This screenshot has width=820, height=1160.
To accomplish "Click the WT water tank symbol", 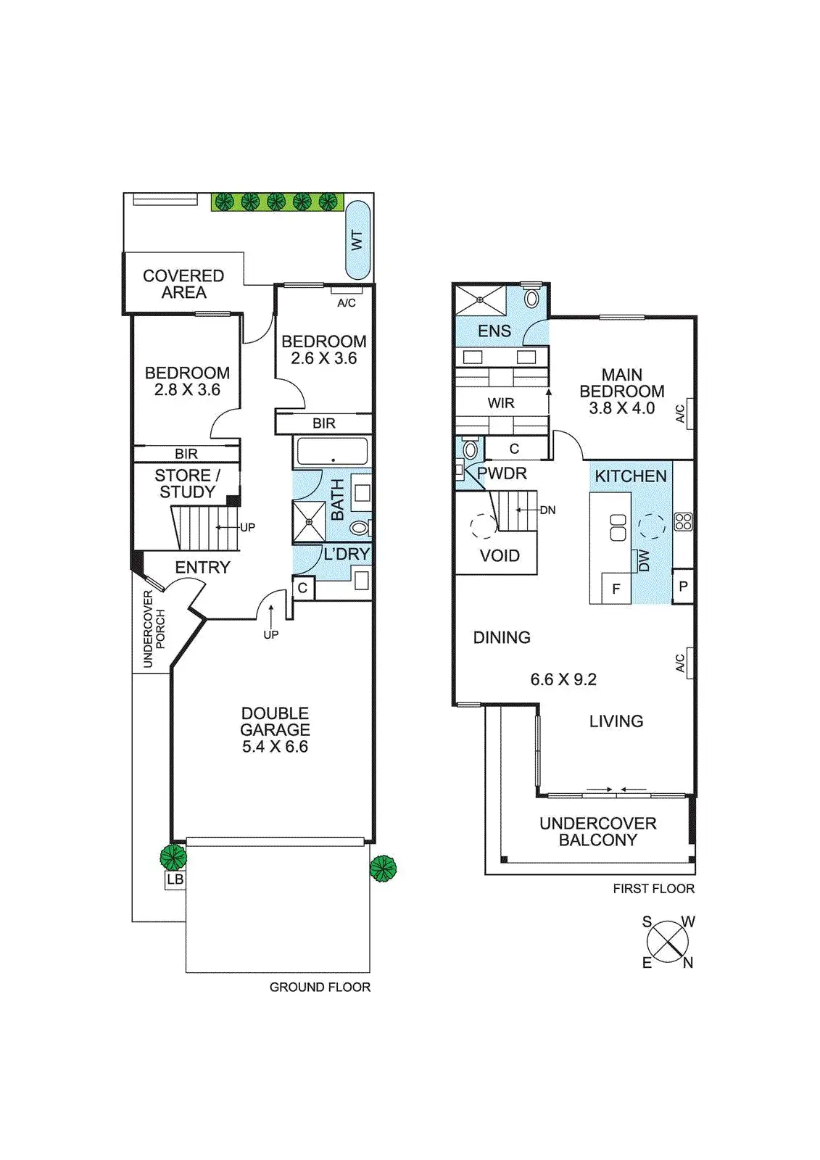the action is [357, 240].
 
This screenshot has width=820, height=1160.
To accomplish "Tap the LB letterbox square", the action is [175, 879].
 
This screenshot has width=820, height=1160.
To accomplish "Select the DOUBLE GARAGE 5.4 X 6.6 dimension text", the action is [275, 746].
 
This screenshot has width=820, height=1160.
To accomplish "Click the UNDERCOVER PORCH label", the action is [154, 629].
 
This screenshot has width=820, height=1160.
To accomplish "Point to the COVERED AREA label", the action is [183, 283].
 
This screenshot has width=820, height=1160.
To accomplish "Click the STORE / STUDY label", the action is [187, 484].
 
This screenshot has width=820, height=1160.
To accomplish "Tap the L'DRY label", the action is [347, 554].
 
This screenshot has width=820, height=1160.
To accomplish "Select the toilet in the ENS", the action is [531, 298].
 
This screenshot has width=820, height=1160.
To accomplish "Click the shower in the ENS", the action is [480, 300].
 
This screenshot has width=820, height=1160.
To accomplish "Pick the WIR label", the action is [501, 403].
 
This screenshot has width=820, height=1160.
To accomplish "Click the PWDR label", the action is [502, 473].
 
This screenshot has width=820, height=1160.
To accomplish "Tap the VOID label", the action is [500, 555].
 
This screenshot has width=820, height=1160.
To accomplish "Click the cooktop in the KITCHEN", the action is [683, 521].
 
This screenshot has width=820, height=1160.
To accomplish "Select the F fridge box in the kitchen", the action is [616, 589].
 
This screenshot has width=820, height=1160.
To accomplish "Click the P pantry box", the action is [683, 587].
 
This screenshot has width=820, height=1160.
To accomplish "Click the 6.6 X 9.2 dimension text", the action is [563, 679].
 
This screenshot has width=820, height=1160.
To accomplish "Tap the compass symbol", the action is [668, 942].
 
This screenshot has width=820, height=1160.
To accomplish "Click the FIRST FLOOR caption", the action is [653, 888].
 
